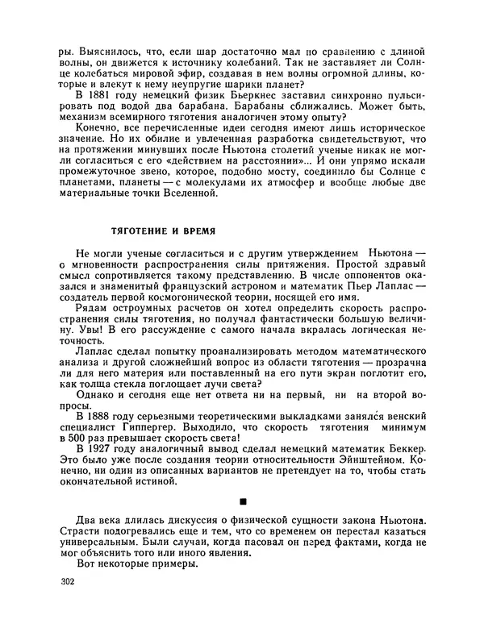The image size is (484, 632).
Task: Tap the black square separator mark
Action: (x=243, y=501)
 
